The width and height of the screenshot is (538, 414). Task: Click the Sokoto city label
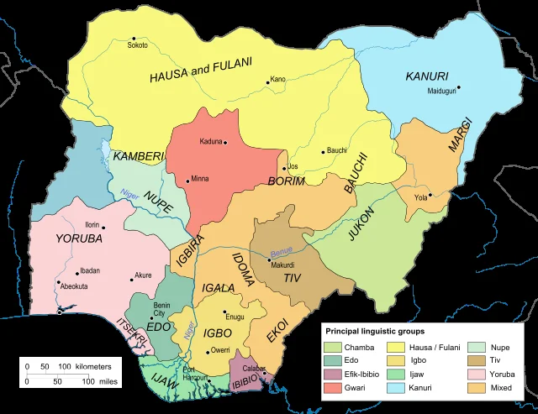click(x=138, y=45)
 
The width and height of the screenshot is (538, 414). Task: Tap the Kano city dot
click(x=267, y=82)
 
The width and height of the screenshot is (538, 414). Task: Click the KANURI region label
click(x=426, y=76)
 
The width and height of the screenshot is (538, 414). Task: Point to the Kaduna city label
click(x=211, y=141)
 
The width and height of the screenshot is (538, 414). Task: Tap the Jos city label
click(x=293, y=166)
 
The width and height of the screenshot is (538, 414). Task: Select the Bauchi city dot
click(x=323, y=152)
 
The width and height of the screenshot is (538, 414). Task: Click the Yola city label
click(x=421, y=197)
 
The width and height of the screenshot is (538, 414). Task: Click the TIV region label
click(x=291, y=277)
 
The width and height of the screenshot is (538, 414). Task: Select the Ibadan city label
click(x=90, y=270)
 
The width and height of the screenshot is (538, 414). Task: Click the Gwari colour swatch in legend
click(x=335, y=387)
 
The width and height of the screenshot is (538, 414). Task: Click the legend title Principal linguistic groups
click(x=375, y=332)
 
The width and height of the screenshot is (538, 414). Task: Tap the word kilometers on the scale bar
click(x=92, y=367)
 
